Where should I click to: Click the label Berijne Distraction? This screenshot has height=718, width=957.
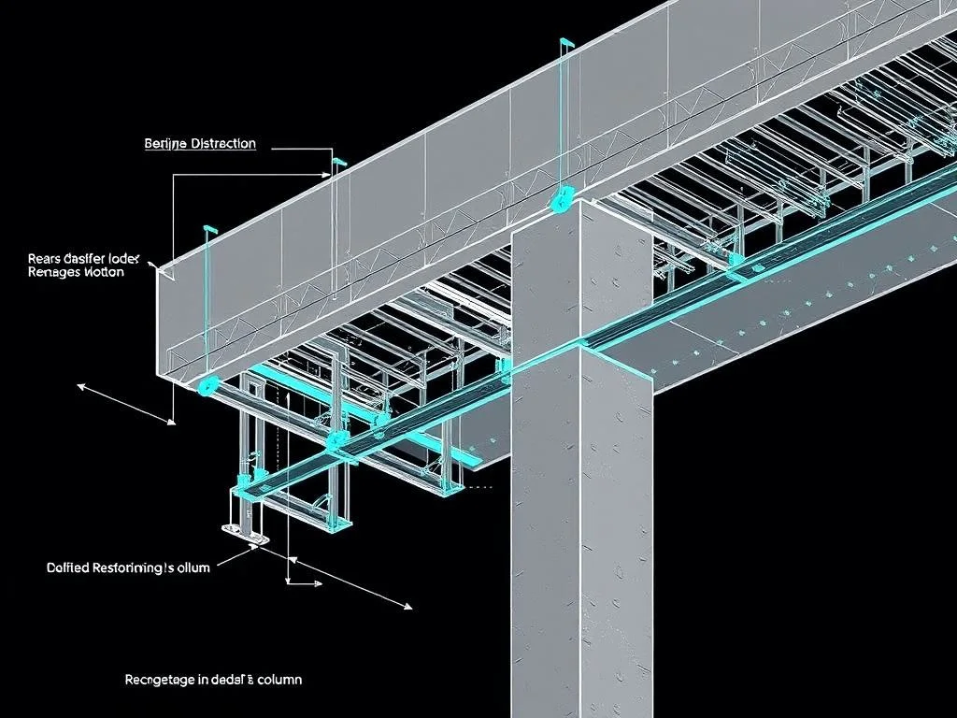click(200, 143)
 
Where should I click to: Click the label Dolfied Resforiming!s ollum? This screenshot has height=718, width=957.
click(128, 567)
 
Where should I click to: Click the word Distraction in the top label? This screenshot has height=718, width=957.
click(222, 143)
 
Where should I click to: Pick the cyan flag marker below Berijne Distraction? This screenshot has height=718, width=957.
click(338, 164)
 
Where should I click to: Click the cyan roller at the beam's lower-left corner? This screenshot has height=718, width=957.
click(207, 384)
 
